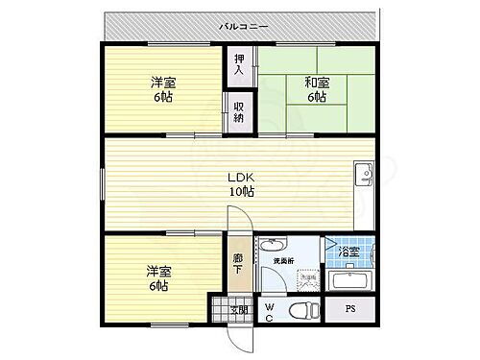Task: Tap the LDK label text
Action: coord(239,177)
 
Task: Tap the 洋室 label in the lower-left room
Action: coord(158,270)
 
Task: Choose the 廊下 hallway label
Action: coord(238,262)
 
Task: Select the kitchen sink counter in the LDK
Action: coord(362,193)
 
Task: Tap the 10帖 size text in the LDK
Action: coord(240,192)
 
